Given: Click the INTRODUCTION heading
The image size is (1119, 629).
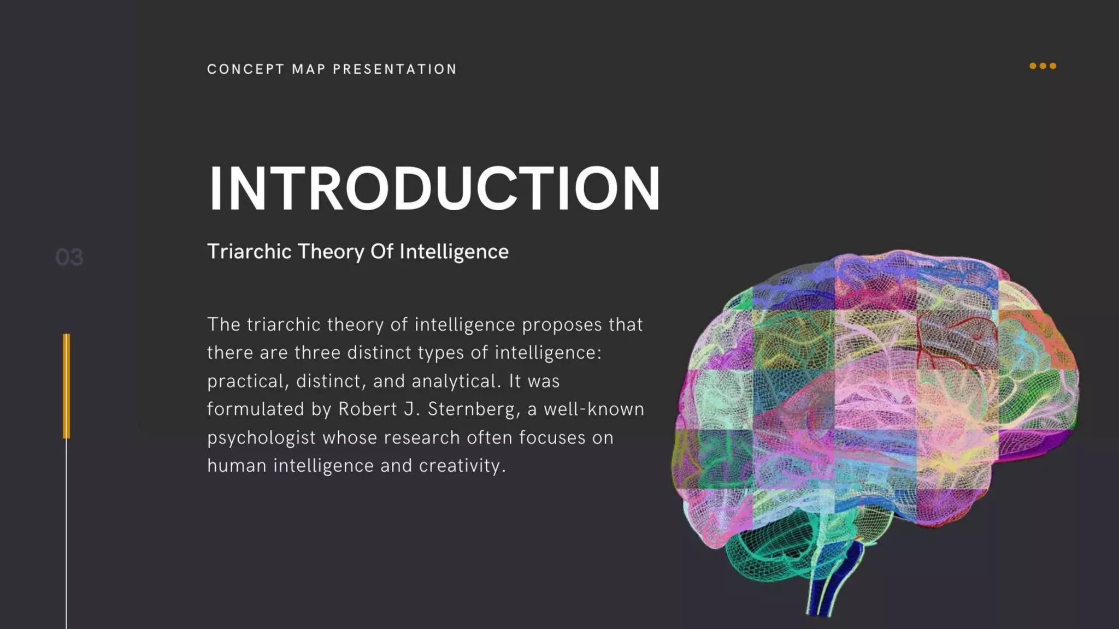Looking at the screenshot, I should pos(434,188).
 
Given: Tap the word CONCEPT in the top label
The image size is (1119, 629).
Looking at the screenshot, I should pos(245,69).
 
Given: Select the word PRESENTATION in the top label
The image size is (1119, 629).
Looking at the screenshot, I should pos(394,69).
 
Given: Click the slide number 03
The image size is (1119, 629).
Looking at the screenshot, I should pos(69,257).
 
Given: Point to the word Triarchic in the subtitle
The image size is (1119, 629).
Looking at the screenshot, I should pos(249,252).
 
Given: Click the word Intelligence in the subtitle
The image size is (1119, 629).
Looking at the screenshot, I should pos(454,252).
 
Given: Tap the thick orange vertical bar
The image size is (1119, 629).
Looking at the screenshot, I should pos(67,385).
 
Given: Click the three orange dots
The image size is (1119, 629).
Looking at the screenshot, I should pos(1043,66).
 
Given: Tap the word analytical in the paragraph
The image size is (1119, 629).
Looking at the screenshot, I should pos(456,381).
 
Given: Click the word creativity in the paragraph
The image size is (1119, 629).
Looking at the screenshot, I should pos(462,466).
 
